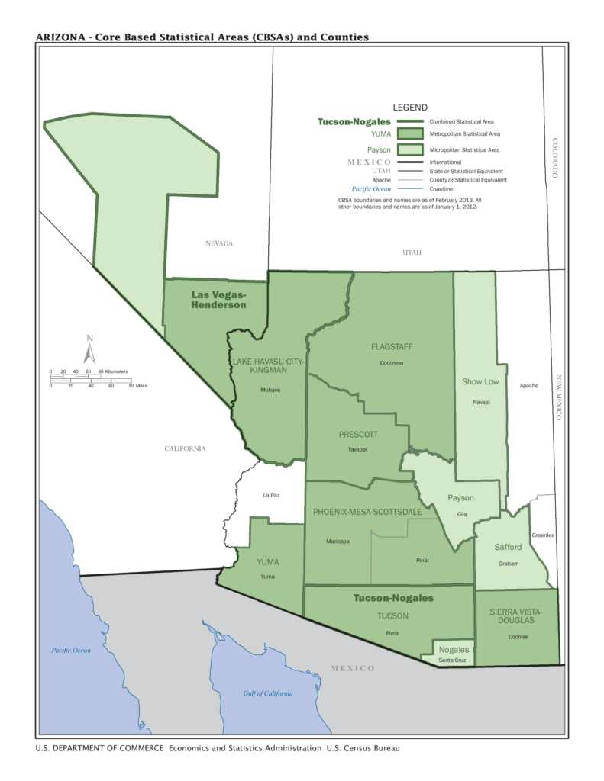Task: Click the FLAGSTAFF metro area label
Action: tap(392, 346)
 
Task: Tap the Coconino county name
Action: tap(392, 363)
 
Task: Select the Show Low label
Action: tap(480, 381)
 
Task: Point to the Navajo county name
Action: tap(481, 401)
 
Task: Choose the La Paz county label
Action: tap(271, 495)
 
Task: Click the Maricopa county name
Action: tap(338, 542)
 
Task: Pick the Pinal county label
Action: tap(422, 561)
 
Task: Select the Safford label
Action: tap(508, 547)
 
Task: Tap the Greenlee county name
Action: tap(543, 535)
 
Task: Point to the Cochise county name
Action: tap(518, 637)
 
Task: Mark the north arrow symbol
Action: tap(90, 350)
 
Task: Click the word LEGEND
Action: tap(410, 108)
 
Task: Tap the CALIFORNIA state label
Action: tap(185, 448)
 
